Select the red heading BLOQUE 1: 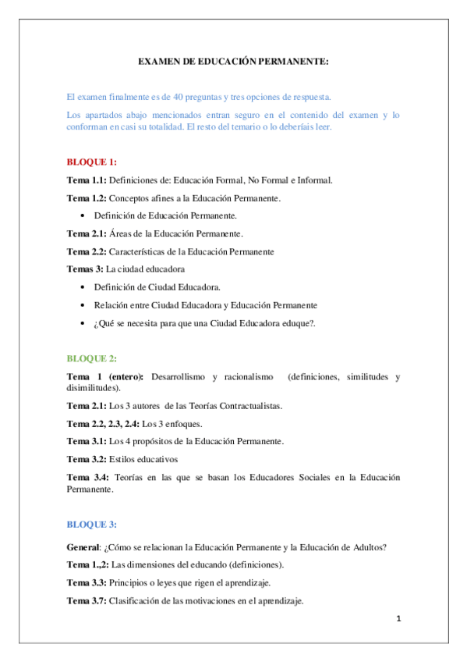click(x=91, y=162)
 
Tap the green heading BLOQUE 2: click(x=91, y=358)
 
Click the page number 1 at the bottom click(x=398, y=619)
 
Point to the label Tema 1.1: click(x=86, y=180)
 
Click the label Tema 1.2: click(x=86, y=198)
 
